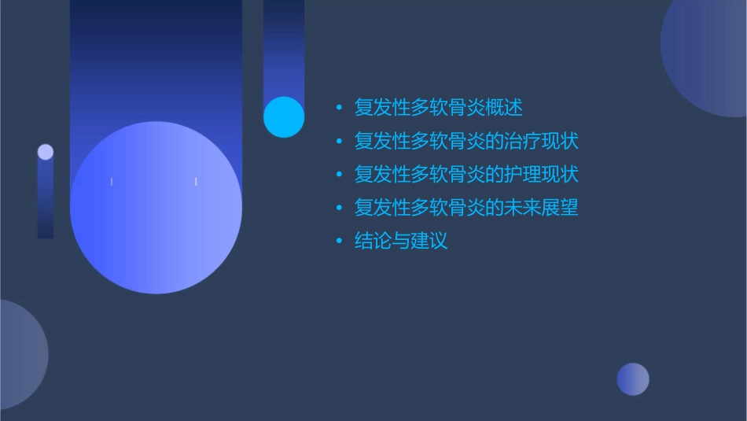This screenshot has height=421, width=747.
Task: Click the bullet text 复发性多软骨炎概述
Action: pyautogui.click(x=438, y=107)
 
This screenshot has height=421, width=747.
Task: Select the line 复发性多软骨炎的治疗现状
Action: pyautogui.click(x=466, y=141)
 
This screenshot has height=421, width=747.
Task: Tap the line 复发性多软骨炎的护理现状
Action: pyautogui.click(x=466, y=174)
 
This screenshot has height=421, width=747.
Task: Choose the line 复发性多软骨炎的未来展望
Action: pyautogui.click(x=466, y=208)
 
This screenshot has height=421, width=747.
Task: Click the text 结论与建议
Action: pyautogui.click(x=401, y=241)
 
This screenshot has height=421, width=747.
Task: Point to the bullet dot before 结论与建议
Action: pyautogui.click(x=339, y=241)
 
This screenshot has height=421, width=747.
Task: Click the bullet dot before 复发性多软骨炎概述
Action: pyautogui.click(x=339, y=107)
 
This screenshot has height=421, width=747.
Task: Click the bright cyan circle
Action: pyautogui.click(x=284, y=117)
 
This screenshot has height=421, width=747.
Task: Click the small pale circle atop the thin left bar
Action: pyautogui.click(x=46, y=152)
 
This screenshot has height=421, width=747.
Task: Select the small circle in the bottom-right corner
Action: pyautogui.click(x=633, y=379)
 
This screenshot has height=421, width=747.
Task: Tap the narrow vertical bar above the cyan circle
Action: pyautogui.click(x=284, y=47)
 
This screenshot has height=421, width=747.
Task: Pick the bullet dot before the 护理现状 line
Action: pyautogui.click(x=339, y=174)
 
